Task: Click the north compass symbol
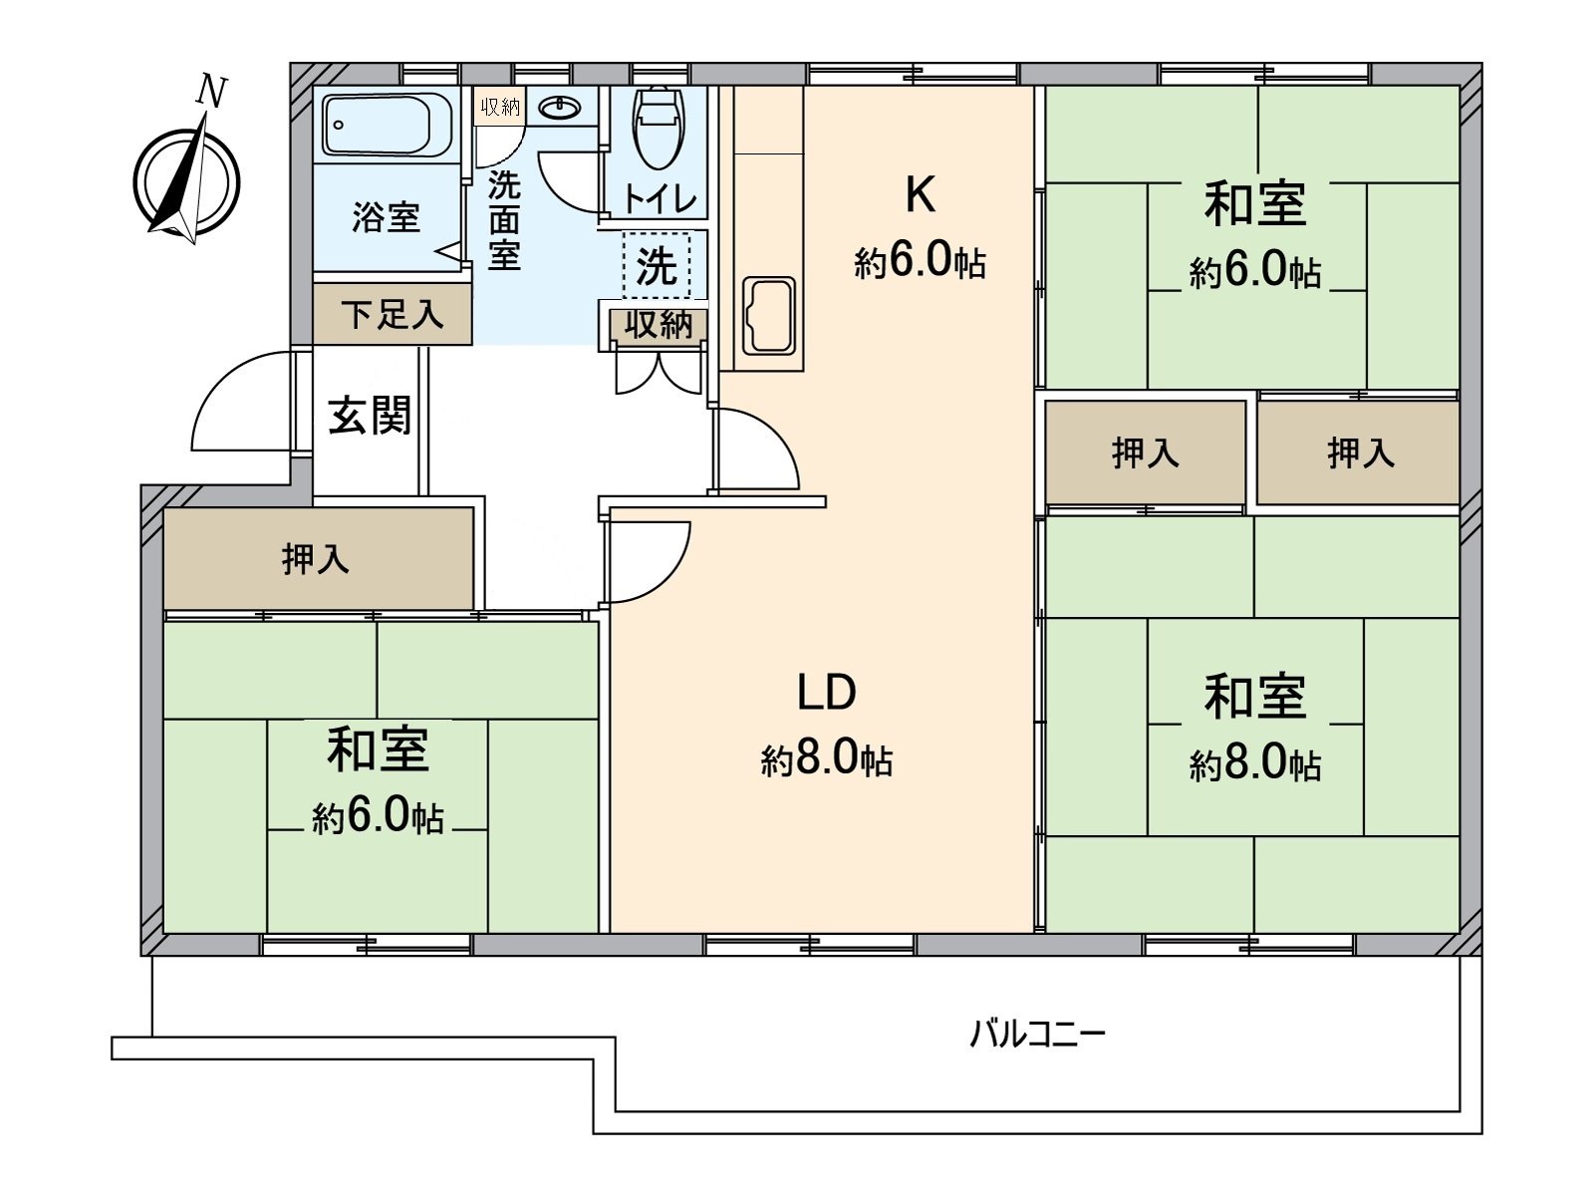click(187, 179)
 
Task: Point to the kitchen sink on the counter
click(768, 316)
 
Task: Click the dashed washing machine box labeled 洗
click(656, 265)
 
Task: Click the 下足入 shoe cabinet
click(392, 315)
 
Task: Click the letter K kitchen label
click(919, 196)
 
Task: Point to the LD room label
click(826, 693)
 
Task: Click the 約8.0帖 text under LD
click(826, 761)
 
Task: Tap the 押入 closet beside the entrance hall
click(317, 559)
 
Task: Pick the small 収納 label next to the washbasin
click(499, 107)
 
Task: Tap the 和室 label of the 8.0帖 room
click(1253, 696)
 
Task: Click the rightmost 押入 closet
click(1359, 453)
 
